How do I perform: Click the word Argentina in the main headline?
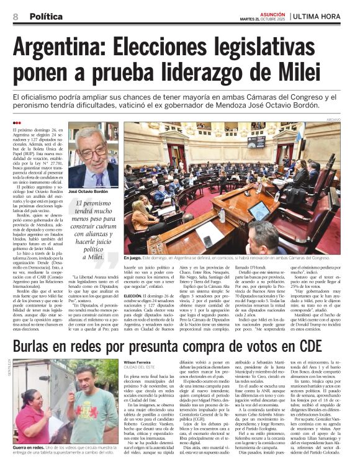pyautogui.click(x=62, y=47)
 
